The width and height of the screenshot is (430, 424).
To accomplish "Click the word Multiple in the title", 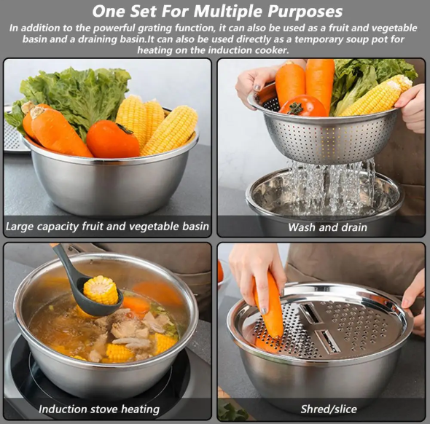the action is [x=228, y=12].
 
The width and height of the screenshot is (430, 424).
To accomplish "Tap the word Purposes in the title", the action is [x=305, y=12].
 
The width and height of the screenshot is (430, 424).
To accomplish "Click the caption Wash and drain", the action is [x=327, y=227].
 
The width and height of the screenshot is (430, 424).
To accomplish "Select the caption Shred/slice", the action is [x=329, y=409].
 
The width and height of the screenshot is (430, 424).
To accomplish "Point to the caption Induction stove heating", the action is [x=99, y=409].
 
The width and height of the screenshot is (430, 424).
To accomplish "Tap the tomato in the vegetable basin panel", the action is [x=113, y=139].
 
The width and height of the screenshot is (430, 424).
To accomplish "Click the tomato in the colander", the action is [x=302, y=106].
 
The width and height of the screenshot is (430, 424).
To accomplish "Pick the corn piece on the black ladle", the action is [x=101, y=290].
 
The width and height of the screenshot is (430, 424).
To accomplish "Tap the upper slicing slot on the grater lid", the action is [x=310, y=313].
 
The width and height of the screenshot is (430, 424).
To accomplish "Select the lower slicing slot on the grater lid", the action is [x=327, y=341].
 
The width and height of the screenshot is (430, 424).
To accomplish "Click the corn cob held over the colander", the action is [x=375, y=95].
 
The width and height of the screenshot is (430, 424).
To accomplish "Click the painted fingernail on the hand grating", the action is [x=264, y=310].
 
